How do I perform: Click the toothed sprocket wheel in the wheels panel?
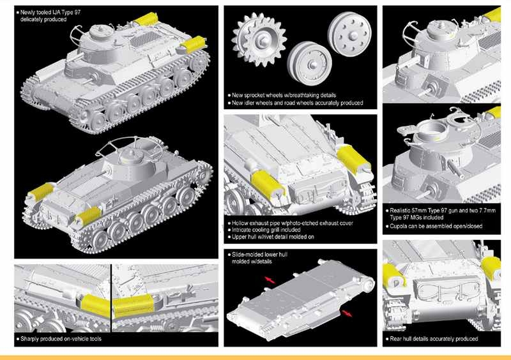[x=259, y=40]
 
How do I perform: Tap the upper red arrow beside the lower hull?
[x=270, y=280]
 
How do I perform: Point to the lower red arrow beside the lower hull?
[x=347, y=313]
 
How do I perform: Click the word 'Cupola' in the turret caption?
[x=399, y=226]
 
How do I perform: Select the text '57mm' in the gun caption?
[x=418, y=211]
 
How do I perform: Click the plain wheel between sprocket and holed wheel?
[x=309, y=63]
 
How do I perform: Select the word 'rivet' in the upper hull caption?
[x=266, y=237]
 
